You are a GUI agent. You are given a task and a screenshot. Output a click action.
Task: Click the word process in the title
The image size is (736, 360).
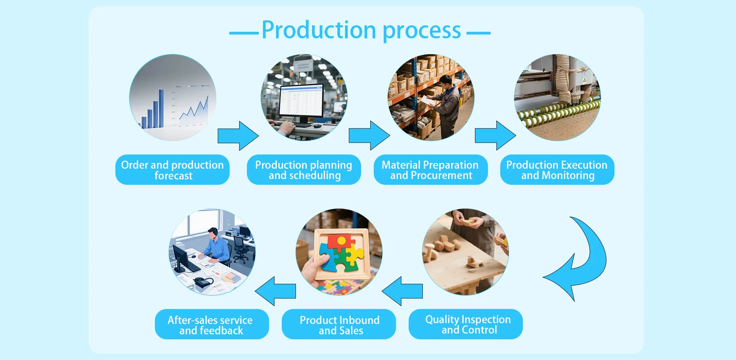point(422,31)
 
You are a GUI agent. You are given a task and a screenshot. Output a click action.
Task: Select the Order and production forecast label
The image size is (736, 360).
point(172,170)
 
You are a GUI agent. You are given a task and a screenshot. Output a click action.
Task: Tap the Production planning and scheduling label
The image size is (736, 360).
point(304,170)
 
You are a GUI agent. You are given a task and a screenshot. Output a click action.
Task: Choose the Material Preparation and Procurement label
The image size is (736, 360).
point(430,170)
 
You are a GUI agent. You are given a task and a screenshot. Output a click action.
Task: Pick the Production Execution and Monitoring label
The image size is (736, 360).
point(557,170)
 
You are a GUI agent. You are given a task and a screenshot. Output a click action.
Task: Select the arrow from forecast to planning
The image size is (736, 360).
point(238,136)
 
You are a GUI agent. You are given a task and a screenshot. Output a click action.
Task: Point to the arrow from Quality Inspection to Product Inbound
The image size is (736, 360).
point(402,291)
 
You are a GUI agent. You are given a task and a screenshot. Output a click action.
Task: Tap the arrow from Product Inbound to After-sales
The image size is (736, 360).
point(276,291)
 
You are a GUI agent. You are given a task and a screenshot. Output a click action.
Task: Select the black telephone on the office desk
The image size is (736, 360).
point(203,283)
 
